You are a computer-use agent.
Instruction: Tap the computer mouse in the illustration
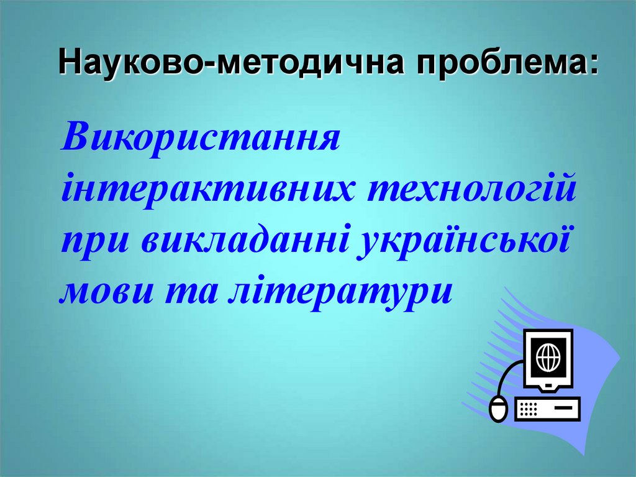point(497,409)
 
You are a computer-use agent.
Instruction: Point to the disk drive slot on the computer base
point(562,408)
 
